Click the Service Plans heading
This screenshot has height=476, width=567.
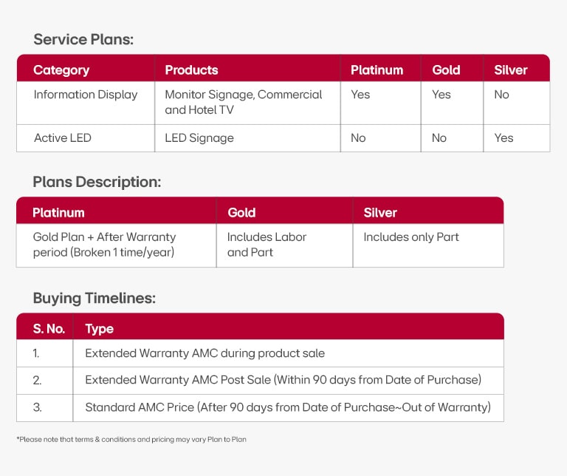(x=83, y=40)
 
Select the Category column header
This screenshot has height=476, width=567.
(x=61, y=70)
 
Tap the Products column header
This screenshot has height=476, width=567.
(x=191, y=70)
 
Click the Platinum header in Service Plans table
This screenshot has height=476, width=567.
(x=377, y=70)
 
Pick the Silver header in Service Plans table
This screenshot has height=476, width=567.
(x=511, y=70)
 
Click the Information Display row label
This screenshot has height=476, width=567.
(x=86, y=95)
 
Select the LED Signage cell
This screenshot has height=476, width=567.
(x=199, y=137)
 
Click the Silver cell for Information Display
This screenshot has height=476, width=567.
(x=502, y=95)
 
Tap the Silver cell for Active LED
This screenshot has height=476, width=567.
(x=504, y=137)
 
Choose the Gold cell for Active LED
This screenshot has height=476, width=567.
(x=439, y=137)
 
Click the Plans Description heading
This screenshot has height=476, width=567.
(x=97, y=182)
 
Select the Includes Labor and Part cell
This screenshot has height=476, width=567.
(x=267, y=245)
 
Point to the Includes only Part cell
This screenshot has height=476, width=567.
(x=411, y=237)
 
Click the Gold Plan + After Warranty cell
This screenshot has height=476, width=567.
(x=104, y=245)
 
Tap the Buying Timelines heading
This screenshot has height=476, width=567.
(x=94, y=299)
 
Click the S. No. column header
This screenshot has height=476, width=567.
(x=49, y=328)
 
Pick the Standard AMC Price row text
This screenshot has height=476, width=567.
(x=287, y=407)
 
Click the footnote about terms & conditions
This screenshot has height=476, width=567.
(x=131, y=439)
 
